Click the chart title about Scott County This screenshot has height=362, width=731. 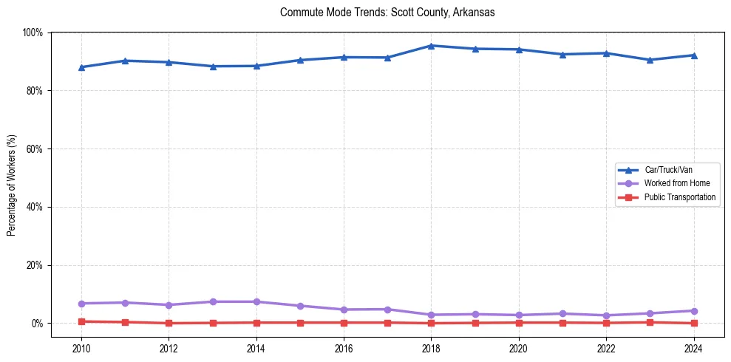point(387,13)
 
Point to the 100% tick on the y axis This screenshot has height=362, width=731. point(33,33)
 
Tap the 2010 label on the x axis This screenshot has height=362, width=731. point(81,347)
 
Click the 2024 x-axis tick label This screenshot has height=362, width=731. point(693,347)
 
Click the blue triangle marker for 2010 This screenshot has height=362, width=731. point(81,67)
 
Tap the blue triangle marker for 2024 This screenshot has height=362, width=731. point(693,55)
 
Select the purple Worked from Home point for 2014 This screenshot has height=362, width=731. point(256,301)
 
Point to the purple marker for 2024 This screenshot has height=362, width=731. point(693,311)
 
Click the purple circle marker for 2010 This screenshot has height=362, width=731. point(81,304)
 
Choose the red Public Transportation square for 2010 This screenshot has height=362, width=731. point(81,321)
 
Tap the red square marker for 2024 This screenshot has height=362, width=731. point(693,323)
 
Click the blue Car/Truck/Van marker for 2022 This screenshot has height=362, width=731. point(606,53)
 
